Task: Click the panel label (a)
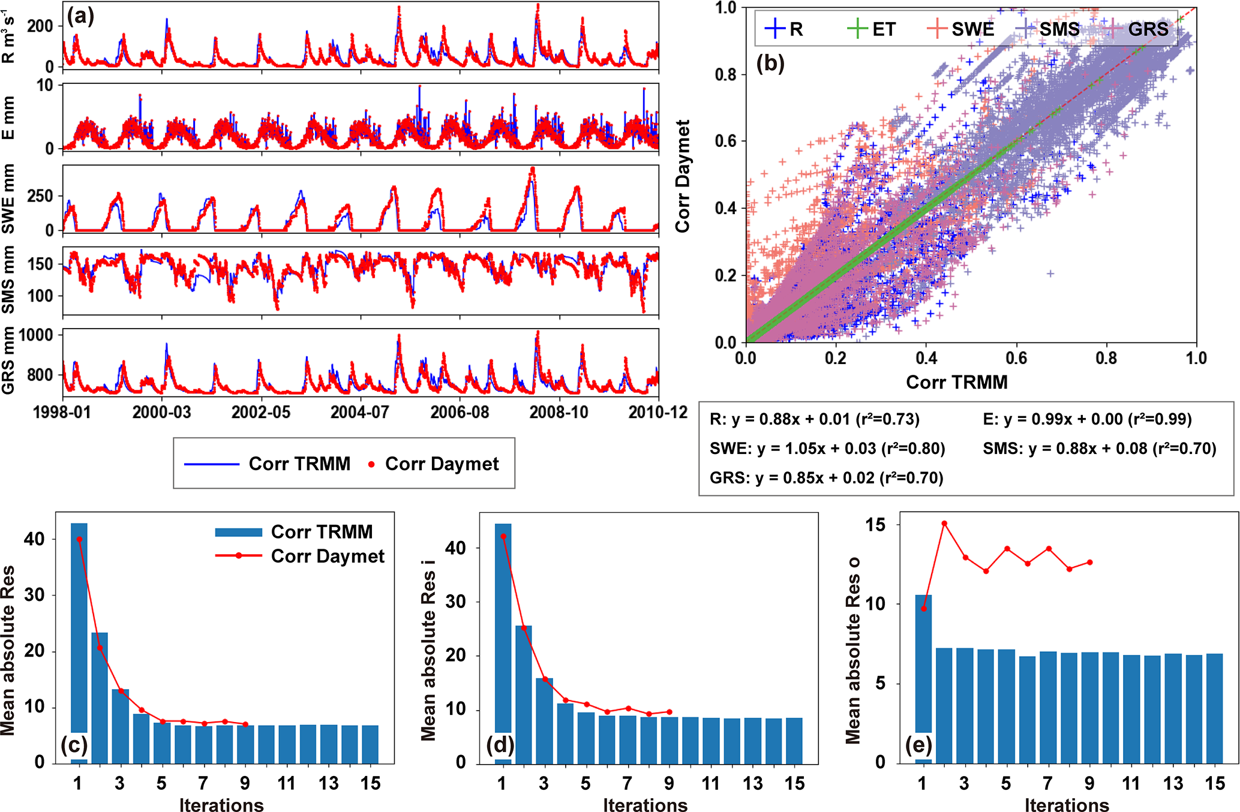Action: (80, 16)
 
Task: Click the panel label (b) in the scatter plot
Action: (770, 62)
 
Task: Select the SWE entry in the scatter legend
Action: (960, 29)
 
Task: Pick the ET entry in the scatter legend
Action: (872, 29)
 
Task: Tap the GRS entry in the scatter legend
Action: (1137, 29)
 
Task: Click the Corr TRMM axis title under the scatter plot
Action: (956, 382)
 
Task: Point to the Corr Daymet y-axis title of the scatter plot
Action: (682, 176)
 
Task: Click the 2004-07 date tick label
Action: (360, 413)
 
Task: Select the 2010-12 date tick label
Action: (657, 413)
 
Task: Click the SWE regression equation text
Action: (827, 449)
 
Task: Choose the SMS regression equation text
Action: (1099, 449)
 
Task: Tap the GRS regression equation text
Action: (826, 478)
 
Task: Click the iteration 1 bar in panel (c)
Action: (79, 642)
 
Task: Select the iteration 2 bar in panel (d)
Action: (524, 694)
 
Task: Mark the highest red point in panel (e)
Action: (944, 524)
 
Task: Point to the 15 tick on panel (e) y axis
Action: (875, 525)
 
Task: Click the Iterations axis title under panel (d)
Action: (645, 805)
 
